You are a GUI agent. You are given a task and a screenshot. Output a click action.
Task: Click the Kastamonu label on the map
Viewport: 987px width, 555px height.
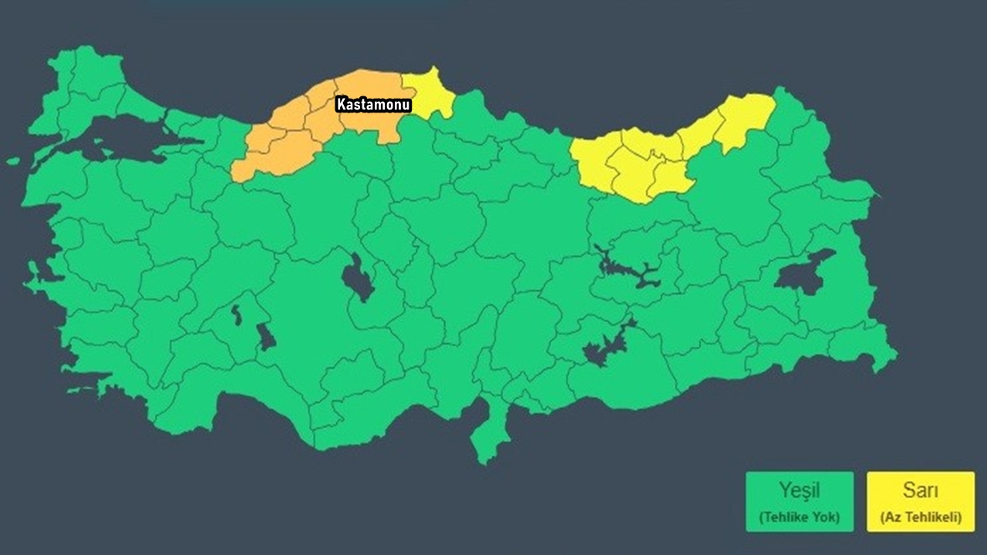(374, 105)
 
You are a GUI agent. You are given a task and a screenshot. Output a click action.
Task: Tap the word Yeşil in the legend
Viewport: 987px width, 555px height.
(799, 490)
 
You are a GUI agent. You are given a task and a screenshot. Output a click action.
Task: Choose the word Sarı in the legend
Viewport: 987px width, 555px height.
(920, 490)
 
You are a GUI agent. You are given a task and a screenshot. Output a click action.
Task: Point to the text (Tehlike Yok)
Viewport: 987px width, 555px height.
(799, 517)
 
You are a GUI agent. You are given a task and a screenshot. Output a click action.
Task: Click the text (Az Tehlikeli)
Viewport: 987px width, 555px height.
(920, 517)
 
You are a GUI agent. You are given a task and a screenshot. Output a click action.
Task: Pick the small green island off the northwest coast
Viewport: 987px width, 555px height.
(14, 161)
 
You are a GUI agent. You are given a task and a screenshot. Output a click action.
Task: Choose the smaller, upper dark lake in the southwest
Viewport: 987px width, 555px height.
(237, 315)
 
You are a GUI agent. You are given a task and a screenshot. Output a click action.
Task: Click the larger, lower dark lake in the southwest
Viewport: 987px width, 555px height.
(266, 337)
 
